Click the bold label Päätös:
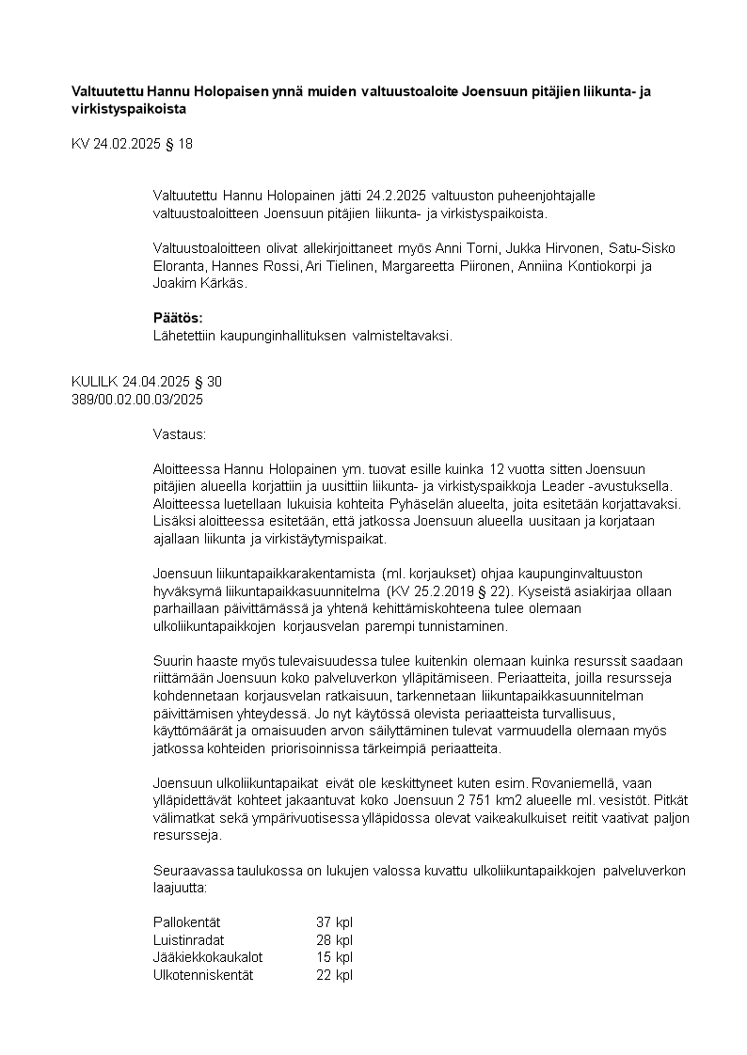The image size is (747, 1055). point(178,318)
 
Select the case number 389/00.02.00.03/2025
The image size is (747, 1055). point(137,399)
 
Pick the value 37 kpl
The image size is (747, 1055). point(334,922)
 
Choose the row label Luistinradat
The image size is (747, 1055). point(188,940)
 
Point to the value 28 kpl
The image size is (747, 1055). point(334,940)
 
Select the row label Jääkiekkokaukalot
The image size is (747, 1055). point(208,957)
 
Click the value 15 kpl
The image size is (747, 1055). point(334,957)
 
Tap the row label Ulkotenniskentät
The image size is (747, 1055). point(203,975)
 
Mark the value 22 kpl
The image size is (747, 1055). point(334,975)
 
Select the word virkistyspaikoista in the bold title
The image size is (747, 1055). point(129,108)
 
